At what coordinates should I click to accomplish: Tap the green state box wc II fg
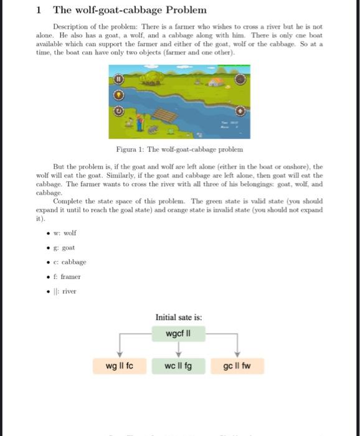pos(179,365)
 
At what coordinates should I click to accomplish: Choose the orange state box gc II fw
pos(236,365)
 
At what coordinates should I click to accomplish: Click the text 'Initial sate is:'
pos(179,318)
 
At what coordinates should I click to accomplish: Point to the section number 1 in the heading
pos(39,10)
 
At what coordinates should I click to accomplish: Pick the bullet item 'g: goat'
pos(65,247)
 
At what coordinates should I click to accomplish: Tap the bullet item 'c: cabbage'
pos(69,262)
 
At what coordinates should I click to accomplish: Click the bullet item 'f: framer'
pos(67,276)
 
